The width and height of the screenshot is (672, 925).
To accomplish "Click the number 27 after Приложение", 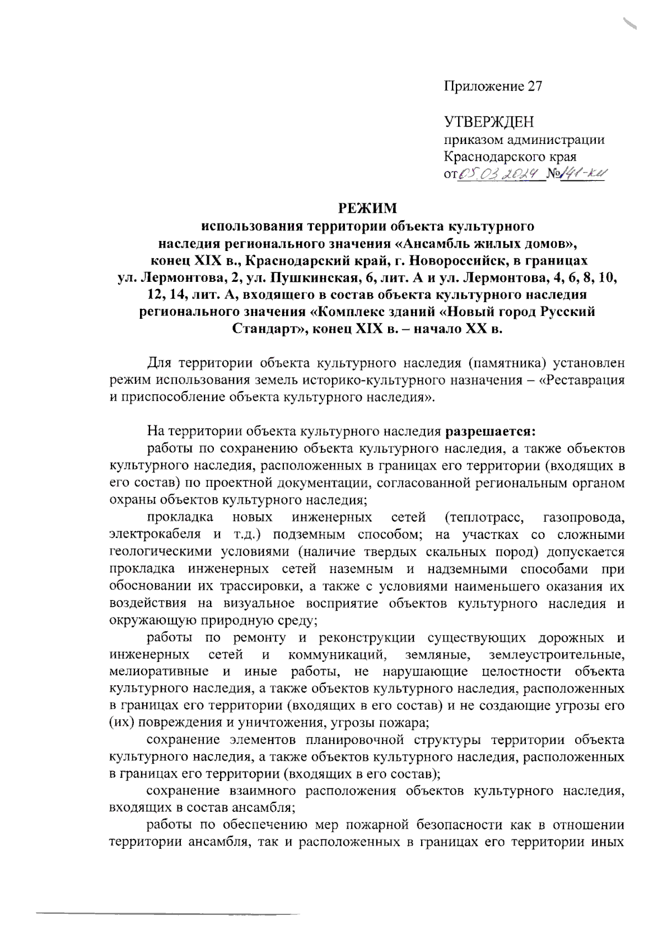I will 534,86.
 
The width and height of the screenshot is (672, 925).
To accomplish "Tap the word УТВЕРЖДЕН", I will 489,122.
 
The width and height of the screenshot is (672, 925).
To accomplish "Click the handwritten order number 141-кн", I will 582,175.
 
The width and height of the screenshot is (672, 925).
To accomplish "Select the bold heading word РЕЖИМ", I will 367,209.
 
